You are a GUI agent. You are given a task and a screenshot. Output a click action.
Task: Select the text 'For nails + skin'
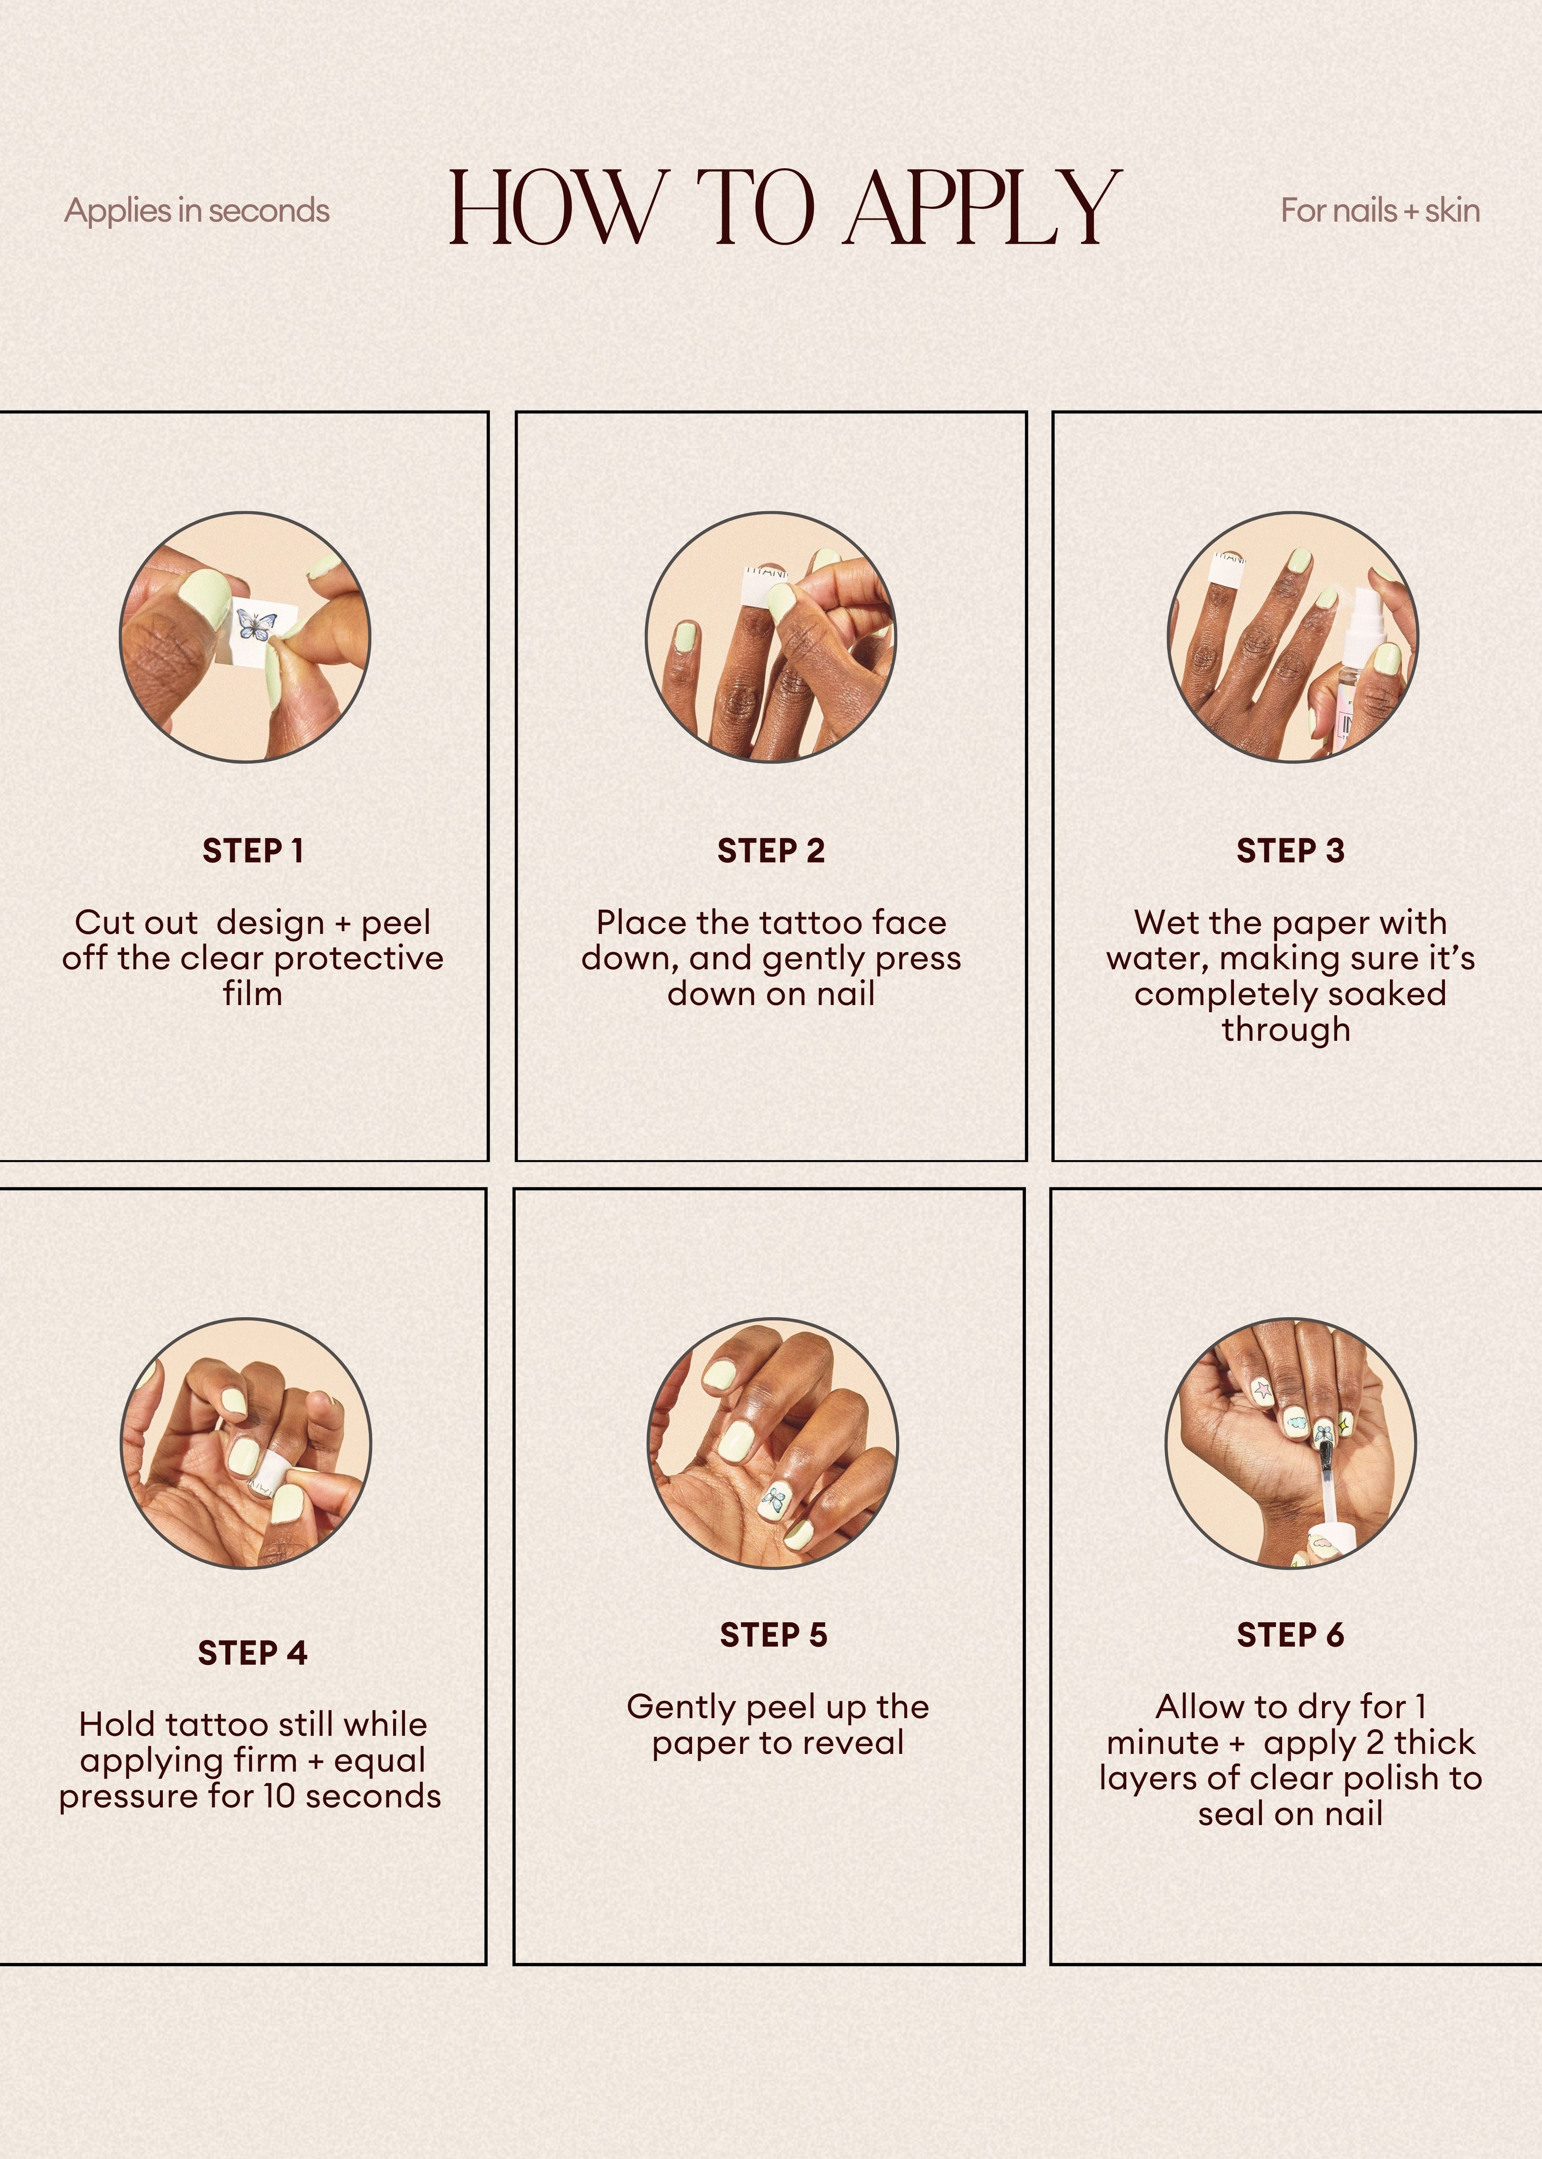[x=1380, y=211]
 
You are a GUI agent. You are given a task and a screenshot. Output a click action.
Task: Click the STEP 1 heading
[x=252, y=851]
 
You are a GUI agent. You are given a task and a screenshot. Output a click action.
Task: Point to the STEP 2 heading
[x=771, y=851]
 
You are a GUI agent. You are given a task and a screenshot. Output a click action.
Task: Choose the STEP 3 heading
[x=1290, y=851]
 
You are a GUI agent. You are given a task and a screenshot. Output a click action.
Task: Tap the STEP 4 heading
[x=252, y=1653]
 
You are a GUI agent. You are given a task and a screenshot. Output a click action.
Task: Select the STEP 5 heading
[x=773, y=1635]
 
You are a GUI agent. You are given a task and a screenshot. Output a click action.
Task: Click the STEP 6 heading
[x=1290, y=1635]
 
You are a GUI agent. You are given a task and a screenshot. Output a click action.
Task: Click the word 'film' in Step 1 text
[x=252, y=994]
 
